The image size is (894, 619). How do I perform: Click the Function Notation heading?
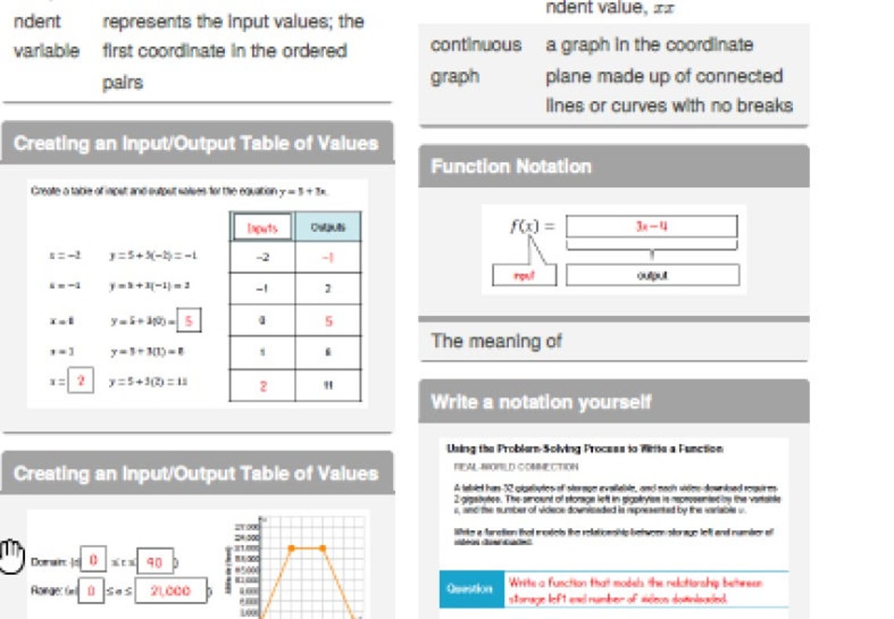[x=511, y=166]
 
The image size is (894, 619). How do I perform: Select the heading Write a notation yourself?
[x=541, y=402]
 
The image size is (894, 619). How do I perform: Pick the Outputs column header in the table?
[x=328, y=228]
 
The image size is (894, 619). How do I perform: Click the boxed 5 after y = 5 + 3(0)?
[x=189, y=320]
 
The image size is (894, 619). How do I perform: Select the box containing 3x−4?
[x=652, y=227]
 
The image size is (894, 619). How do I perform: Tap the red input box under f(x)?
[x=525, y=275]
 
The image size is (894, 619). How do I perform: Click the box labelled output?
[x=652, y=275]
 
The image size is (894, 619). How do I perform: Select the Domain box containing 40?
[x=154, y=562]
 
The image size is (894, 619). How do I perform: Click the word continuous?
[x=476, y=45]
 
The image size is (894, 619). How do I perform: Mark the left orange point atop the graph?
[x=291, y=548]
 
